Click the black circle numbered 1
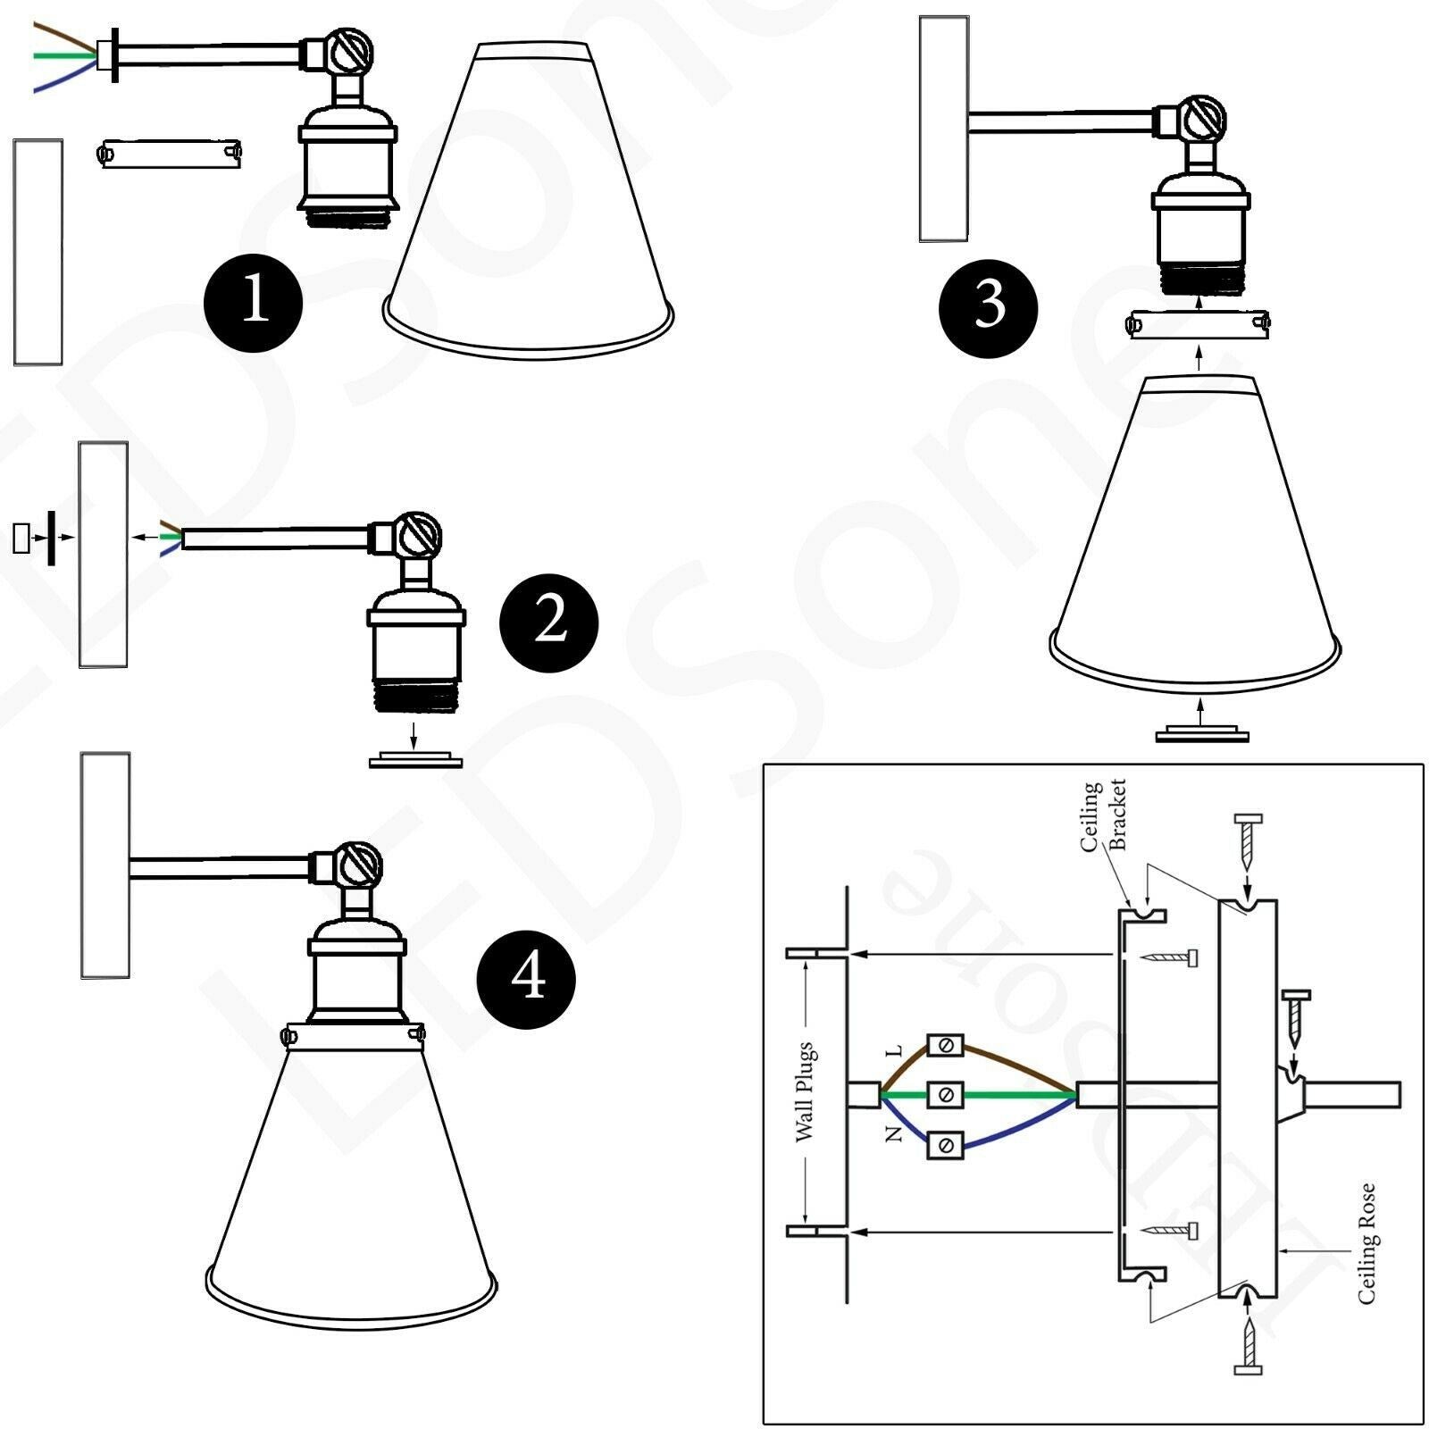(254, 301)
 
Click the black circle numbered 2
(549, 623)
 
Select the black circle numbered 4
(527, 980)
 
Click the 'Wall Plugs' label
(805, 1091)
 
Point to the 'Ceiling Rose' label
(1367, 1244)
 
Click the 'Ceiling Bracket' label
(1104, 815)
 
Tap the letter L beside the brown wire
(896, 1051)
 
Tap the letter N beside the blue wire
(894, 1134)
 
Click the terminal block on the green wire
(945, 1094)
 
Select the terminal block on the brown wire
(945, 1044)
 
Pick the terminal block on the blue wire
(945, 1144)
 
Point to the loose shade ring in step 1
(171, 154)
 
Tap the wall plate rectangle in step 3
(944, 129)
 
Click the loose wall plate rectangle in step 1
(38, 251)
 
